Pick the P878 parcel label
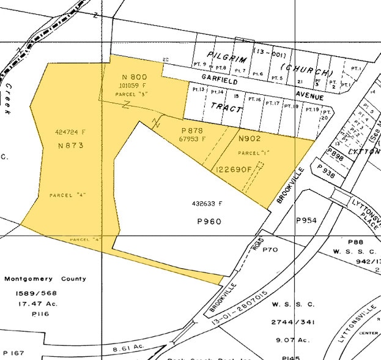[191, 131]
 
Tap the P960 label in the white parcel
[208, 222]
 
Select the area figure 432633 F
[207, 203]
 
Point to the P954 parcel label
[306, 220]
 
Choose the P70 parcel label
[270, 250]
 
